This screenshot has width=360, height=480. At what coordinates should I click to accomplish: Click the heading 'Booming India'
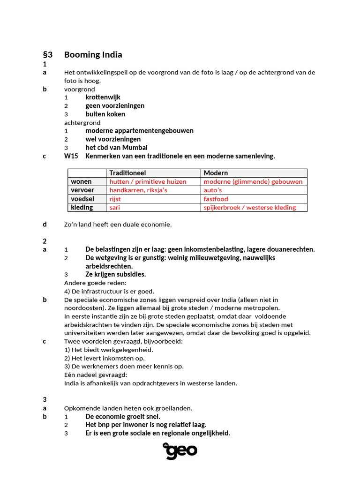coord(93,55)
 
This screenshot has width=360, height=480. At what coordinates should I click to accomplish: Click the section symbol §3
coord(47,55)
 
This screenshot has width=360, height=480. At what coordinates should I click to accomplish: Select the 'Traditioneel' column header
coord(127,173)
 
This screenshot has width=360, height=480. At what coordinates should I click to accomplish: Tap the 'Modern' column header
coord(216,173)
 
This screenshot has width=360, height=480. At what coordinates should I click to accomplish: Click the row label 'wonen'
coord(81,181)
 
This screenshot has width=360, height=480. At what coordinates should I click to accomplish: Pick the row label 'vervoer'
coord(82,190)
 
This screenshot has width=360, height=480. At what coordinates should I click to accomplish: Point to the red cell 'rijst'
coord(115,199)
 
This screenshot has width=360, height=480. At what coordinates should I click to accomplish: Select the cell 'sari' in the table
coord(114,208)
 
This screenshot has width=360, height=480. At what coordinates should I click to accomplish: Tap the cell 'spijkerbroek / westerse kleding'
coord(249,208)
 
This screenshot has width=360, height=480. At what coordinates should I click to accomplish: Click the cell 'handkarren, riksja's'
coord(138,190)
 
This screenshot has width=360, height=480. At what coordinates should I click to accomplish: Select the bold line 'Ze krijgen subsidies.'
coord(115,274)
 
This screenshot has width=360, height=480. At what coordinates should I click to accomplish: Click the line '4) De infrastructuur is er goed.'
coord(109,291)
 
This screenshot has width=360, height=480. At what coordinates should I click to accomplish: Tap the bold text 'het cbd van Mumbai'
coord(116,148)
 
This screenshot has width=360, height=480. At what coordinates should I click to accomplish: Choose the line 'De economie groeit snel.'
coord(123,416)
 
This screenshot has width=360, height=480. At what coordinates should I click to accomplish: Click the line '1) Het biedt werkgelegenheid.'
coord(109,350)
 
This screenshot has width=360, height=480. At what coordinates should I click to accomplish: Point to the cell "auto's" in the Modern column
coord(213,190)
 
